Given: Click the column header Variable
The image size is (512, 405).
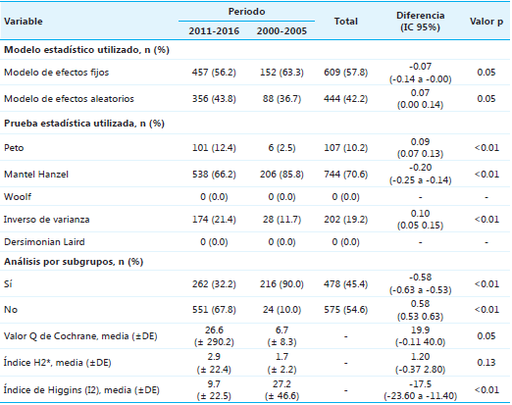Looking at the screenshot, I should [x=26, y=21].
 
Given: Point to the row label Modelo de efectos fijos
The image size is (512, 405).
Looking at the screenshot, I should [x=55, y=72].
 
